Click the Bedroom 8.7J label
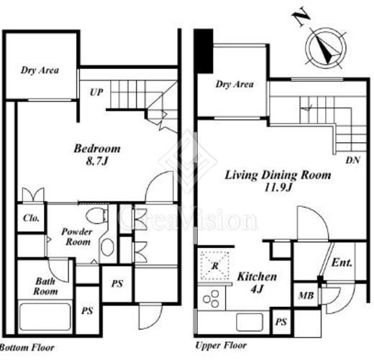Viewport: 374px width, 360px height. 97,154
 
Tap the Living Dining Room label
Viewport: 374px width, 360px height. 278,175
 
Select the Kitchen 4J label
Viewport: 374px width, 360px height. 257,282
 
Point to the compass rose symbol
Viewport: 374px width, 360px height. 326,48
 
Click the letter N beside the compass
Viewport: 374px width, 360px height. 301,17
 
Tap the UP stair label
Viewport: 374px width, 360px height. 96,92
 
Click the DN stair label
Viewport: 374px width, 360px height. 352,160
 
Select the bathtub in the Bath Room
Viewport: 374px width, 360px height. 45,317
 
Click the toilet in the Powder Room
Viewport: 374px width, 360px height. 96,216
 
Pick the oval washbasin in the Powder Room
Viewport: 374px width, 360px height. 107,247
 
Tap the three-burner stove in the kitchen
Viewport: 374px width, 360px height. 211,298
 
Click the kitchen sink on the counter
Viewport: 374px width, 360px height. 250,322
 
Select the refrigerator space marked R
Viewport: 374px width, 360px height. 215,265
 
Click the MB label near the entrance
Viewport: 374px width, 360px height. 306,295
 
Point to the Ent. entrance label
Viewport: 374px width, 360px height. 342,263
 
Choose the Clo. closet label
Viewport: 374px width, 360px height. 31,218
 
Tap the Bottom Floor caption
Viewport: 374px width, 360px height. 27,348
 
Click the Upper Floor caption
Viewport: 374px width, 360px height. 221,346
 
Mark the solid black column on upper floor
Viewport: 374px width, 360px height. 204,51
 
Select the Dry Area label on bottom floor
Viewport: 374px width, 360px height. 40,70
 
